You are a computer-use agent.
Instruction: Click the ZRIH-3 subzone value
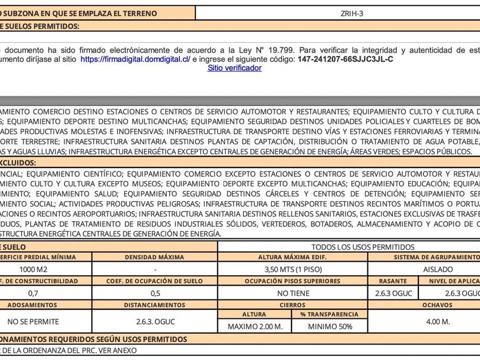pyautogui.click(x=355, y=13)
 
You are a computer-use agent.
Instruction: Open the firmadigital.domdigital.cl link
pyautogui.click(x=135, y=59)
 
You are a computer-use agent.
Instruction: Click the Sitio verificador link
pyautogui.click(x=234, y=68)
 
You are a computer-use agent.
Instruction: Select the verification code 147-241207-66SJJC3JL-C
pyautogui.click(x=346, y=59)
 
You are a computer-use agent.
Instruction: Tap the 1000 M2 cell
pyautogui.click(x=34, y=269)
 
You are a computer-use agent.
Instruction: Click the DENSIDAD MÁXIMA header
pyautogui.click(x=155, y=258)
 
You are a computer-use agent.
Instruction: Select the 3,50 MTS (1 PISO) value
pyautogui.click(x=293, y=269)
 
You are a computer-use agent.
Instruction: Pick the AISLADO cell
pyautogui.click(x=438, y=269)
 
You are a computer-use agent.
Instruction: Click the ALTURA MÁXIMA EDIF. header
pyautogui.click(x=293, y=258)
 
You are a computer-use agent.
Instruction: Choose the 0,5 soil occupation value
pyautogui.click(x=155, y=293)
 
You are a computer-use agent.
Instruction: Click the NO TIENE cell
pyautogui.click(x=293, y=293)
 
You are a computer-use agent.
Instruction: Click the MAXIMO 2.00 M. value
pyautogui.click(x=255, y=327)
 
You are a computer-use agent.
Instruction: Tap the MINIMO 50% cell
pyautogui.click(x=330, y=327)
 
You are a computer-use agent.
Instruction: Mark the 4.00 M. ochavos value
pyautogui.click(x=438, y=322)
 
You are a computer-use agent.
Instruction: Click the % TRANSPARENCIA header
pyautogui.click(x=330, y=314)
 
